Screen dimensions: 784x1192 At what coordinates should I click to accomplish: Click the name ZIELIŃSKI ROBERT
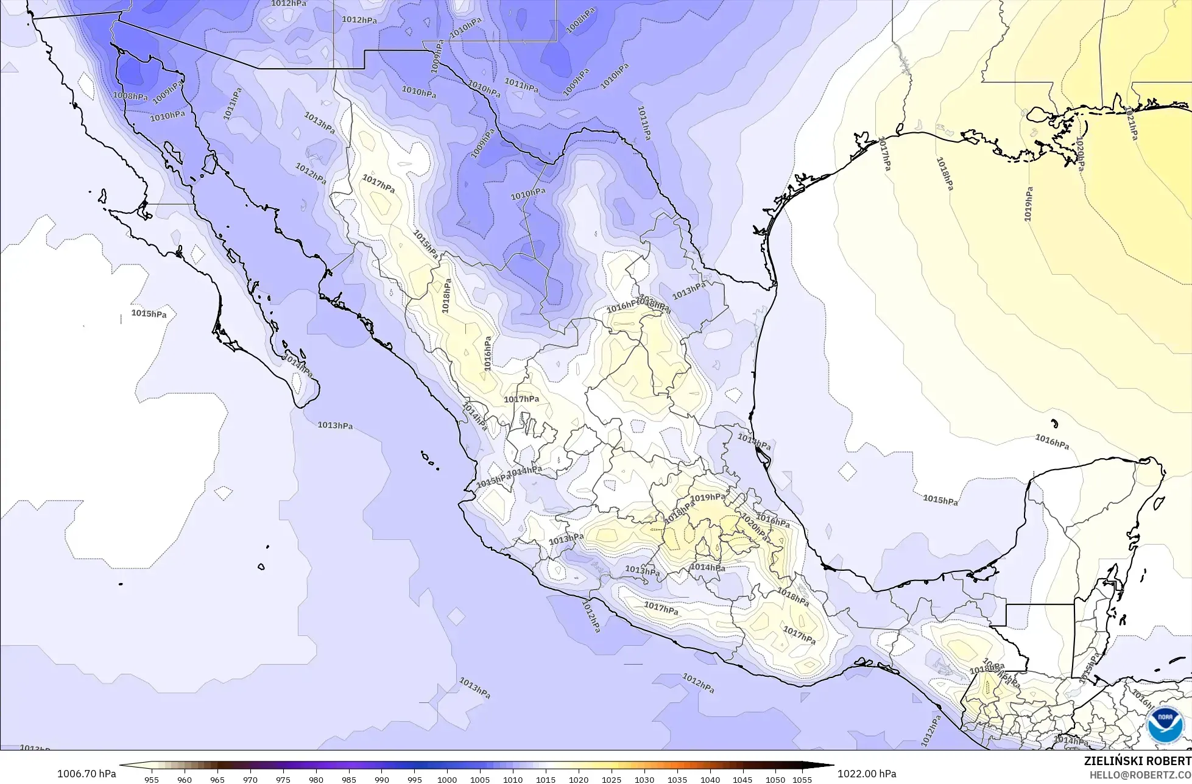[x=1138, y=761]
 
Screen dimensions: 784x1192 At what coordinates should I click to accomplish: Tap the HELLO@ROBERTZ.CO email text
[x=1140, y=774]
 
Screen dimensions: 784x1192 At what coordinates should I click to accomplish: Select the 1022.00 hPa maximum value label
[x=867, y=774]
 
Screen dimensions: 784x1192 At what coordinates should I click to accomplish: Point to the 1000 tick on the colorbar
[x=447, y=779]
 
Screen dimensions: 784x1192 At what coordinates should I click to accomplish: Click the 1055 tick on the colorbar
[x=802, y=779]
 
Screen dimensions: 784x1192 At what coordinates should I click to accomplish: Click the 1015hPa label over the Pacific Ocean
[x=149, y=314]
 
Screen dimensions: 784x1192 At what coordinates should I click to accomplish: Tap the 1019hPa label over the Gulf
[x=1028, y=203]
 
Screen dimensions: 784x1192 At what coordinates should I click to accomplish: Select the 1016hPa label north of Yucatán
[x=1052, y=442]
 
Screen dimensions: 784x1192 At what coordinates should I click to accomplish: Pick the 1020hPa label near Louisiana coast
[x=1080, y=154]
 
